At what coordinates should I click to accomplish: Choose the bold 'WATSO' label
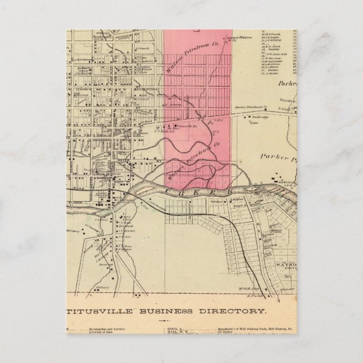(285, 263)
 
